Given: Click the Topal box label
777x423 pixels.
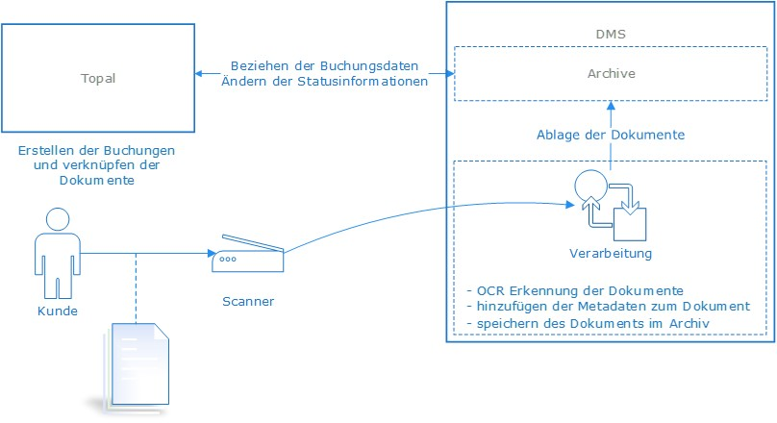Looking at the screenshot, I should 98,78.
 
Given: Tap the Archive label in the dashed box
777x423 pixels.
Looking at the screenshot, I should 611,73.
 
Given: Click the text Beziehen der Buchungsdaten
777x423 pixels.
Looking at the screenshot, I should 324,66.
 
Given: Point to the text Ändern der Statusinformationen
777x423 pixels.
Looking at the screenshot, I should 324,81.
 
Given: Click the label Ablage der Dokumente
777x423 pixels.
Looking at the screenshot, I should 611,135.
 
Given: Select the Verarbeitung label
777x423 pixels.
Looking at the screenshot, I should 610,254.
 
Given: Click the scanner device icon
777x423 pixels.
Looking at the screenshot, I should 248,252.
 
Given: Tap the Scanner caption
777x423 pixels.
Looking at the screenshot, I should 248,301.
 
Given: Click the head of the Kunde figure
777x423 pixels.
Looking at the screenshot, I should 57,220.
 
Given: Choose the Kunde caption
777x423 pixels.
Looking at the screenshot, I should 57,311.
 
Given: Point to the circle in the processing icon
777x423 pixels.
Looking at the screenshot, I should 589,185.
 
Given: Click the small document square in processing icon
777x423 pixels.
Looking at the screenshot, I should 634,223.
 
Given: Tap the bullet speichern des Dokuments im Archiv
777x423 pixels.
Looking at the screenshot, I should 587,323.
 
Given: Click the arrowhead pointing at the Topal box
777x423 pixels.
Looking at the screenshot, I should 198,73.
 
